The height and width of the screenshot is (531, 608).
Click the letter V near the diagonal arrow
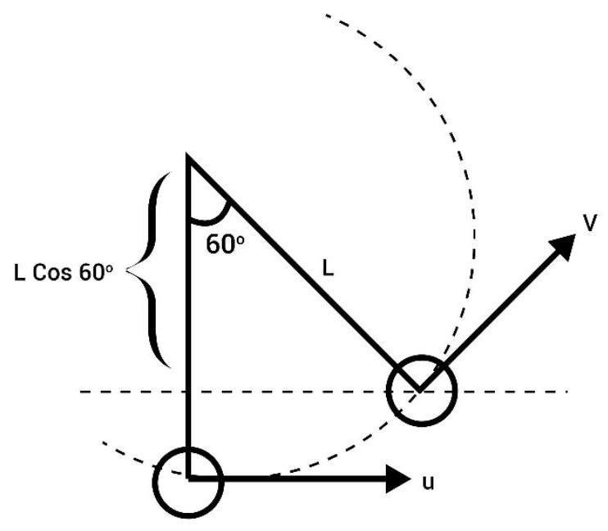coord(590,223)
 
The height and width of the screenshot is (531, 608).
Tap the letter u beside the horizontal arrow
coord(428,483)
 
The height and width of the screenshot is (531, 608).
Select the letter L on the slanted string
coord(328,268)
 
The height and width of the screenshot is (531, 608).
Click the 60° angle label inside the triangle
coord(225,244)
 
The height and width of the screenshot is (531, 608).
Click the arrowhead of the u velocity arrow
coord(398,479)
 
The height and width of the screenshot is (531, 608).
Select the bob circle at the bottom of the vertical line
coord(188,483)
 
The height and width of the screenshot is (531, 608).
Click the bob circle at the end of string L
coord(421,391)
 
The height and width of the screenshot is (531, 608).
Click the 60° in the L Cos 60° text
coord(96,272)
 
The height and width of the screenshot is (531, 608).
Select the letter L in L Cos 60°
coord(19,272)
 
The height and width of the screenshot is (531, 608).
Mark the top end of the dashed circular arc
coord(326,15)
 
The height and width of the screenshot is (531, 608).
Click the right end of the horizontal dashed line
coord(567,392)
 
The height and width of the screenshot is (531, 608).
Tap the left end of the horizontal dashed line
coord(80,392)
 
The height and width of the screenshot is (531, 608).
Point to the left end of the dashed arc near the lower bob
coord(102,442)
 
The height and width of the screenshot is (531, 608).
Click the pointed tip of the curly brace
coord(127,270)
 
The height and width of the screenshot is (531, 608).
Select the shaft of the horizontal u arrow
coord(287,479)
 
